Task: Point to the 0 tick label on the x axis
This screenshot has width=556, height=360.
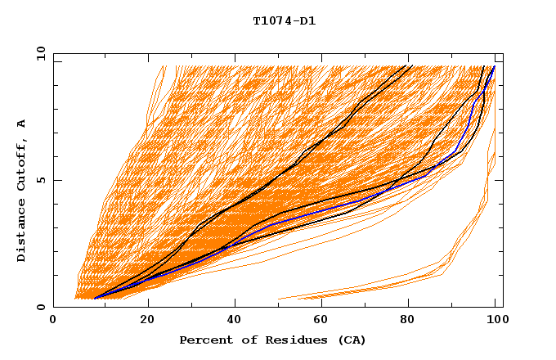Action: point(53,321)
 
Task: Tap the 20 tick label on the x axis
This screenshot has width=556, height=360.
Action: point(147,321)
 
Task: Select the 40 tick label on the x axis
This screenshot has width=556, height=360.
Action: point(235,321)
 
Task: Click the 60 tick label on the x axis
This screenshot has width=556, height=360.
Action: point(324,321)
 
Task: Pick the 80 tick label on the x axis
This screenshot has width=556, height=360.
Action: point(412,321)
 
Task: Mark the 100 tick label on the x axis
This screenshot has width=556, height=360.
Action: point(495,321)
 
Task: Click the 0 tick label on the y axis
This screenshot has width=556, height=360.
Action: point(41,308)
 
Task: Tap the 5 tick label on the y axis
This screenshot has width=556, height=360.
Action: point(41,181)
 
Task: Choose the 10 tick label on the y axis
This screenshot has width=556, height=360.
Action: point(38,54)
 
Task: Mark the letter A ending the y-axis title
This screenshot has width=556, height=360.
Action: point(22,123)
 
